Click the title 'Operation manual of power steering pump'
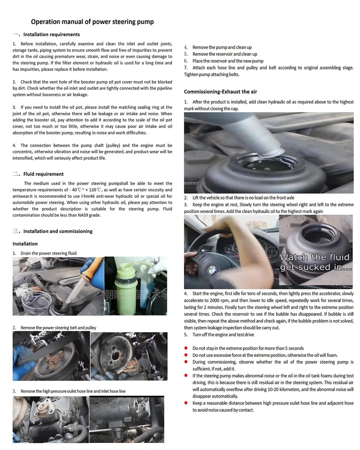tap(92, 22)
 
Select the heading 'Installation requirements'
tap(52, 34)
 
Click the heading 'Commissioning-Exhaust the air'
tap(220, 91)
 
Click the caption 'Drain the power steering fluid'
tap(48, 253)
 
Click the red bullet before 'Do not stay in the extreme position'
tap(187, 348)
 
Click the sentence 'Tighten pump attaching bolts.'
tap(212, 75)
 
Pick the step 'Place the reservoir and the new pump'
tap(228, 61)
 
